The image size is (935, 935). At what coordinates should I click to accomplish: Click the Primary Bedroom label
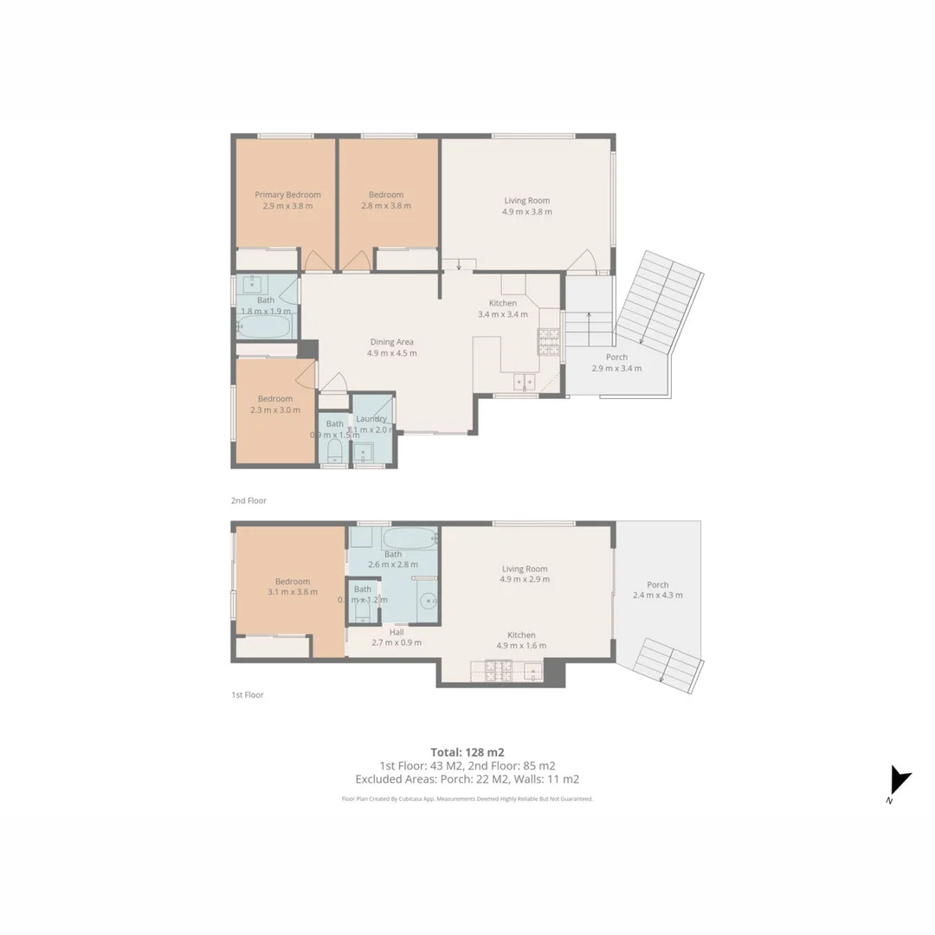click(287, 195)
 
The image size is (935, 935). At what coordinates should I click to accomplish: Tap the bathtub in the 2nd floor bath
click(265, 326)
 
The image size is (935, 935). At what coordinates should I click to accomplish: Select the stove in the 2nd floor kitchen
click(549, 342)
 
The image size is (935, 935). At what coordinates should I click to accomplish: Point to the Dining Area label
click(392, 342)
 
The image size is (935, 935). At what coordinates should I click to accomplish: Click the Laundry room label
click(371, 419)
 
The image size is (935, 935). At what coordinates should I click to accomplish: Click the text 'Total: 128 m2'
click(467, 751)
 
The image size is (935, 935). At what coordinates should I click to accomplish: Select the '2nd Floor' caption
click(248, 500)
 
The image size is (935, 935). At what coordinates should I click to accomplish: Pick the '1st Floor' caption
click(248, 694)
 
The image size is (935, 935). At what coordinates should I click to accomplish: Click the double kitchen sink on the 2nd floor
click(523, 382)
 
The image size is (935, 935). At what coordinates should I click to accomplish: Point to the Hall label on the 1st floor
click(397, 632)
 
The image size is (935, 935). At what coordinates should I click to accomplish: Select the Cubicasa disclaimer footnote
click(467, 799)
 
